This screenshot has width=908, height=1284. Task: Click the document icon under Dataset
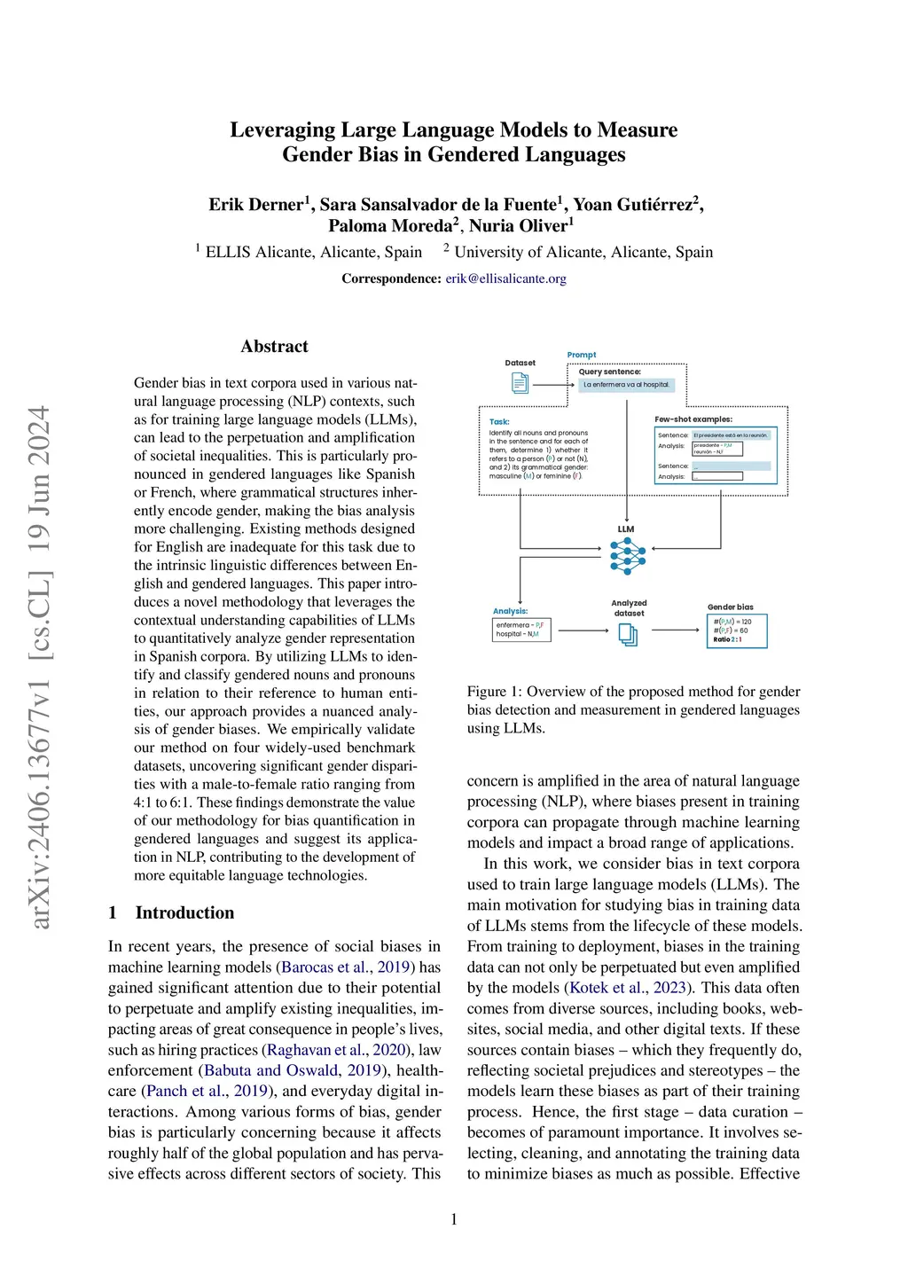tap(521, 383)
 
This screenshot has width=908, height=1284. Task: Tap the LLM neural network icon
tap(628, 556)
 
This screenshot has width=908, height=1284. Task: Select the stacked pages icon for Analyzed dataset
tap(628, 634)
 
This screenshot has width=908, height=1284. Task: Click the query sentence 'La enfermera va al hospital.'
tap(627, 385)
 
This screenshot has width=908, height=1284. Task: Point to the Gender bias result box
tap(736, 630)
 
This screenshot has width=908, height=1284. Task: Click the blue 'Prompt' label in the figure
tap(582, 355)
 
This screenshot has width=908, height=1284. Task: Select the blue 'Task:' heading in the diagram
tap(499, 422)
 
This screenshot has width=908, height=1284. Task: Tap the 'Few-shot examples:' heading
tap(693, 419)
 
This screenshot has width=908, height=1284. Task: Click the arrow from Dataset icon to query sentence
tap(553, 385)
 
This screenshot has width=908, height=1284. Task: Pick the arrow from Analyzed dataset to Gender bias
tap(676, 630)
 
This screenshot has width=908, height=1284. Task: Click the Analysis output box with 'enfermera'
tap(521, 630)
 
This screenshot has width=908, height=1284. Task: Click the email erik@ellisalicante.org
tap(505, 278)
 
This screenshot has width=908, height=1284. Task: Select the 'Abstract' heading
tap(274, 347)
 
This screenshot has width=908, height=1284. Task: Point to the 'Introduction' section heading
tap(184, 912)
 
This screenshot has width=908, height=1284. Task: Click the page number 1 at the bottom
tap(454, 1219)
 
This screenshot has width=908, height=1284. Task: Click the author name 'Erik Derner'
tap(256, 205)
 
